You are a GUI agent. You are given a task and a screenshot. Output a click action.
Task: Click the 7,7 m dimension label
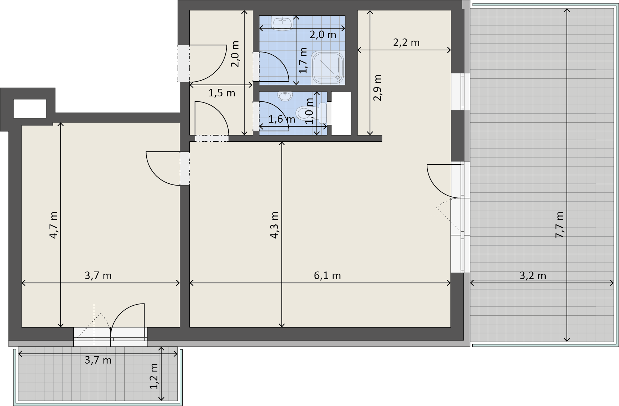(560, 225)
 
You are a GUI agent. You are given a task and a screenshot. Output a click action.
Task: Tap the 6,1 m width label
(327, 275)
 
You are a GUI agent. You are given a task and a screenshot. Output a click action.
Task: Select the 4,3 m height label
(274, 225)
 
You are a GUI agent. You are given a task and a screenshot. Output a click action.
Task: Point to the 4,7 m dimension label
(53, 225)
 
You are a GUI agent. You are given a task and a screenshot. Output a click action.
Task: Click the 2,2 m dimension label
(406, 42)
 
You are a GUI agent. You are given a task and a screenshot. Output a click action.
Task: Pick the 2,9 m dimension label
(377, 88)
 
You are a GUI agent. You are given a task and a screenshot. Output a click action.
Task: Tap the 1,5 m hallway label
(222, 93)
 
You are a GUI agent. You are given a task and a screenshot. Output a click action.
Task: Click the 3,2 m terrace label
(533, 275)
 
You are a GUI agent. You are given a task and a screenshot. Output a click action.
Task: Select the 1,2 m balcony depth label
(154, 376)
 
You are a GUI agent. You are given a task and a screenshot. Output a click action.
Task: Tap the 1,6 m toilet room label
(282, 119)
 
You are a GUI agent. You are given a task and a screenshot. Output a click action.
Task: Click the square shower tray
(328, 67)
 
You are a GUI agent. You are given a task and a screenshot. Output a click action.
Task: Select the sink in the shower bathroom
(283, 23)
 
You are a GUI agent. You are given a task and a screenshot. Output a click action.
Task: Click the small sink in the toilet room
(285, 96)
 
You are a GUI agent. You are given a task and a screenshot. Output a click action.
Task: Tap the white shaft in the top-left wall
(30, 108)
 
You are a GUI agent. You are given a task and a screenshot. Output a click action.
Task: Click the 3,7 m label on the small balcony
(98, 360)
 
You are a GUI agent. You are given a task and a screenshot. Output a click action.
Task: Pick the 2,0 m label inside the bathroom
(323, 35)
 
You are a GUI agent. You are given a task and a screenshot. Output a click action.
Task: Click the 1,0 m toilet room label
(309, 111)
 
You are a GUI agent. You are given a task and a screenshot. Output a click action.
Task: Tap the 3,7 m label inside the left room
(98, 275)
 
